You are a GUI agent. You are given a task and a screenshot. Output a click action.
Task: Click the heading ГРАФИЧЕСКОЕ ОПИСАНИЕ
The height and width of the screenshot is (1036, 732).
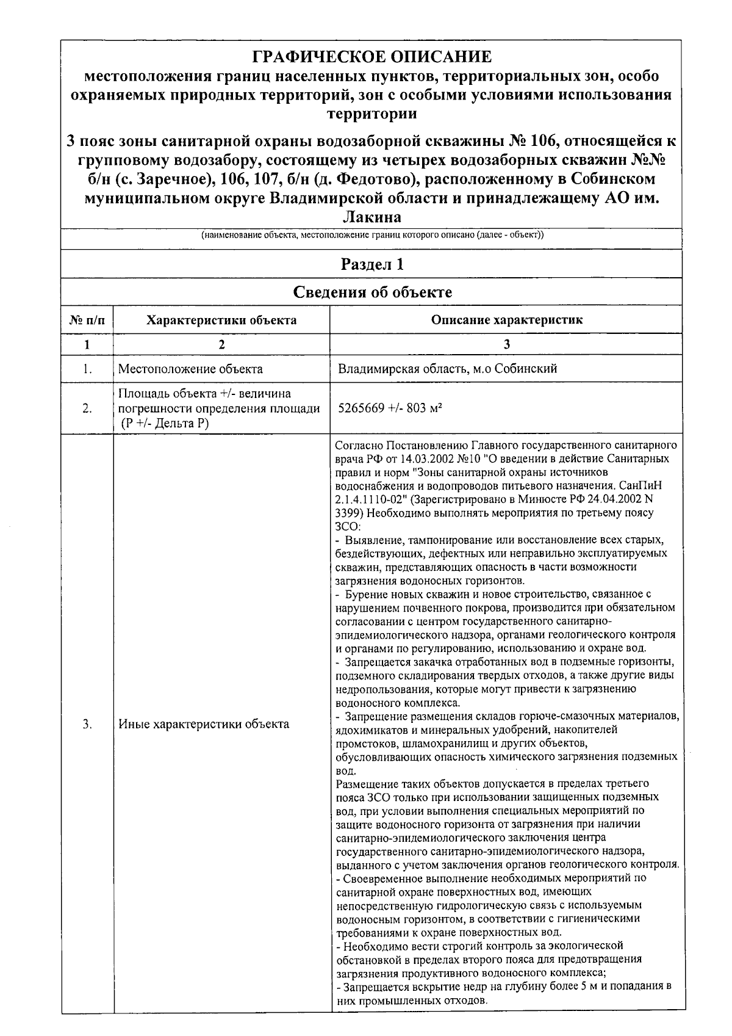click(x=371, y=57)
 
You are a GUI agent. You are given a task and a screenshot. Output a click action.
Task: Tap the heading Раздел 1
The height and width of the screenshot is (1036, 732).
click(x=371, y=264)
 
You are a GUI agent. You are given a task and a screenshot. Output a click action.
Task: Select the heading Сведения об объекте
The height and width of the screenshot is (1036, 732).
click(x=372, y=292)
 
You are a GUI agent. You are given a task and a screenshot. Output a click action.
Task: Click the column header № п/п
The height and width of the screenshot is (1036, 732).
click(x=87, y=320)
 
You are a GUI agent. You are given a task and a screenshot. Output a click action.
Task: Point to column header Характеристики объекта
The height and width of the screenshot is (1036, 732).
click(x=221, y=320)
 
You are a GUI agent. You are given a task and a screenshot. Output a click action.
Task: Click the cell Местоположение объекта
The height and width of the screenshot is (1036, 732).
click(x=190, y=369)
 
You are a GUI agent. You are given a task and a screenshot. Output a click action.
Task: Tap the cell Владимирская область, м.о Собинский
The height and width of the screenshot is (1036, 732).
click(x=447, y=369)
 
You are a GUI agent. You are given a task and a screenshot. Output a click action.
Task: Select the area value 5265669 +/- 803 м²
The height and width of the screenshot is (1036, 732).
click(x=390, y=408)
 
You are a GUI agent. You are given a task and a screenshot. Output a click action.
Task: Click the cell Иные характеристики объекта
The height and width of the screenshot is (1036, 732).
click(x=204, y=725)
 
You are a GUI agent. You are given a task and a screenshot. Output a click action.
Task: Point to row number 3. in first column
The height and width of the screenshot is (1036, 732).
click(x=87, y=725)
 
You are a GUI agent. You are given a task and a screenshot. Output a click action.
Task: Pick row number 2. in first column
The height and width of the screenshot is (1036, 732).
click(x=87, y=408)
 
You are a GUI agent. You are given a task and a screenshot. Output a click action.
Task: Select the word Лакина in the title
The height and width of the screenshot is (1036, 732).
click(x=371, y=217)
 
